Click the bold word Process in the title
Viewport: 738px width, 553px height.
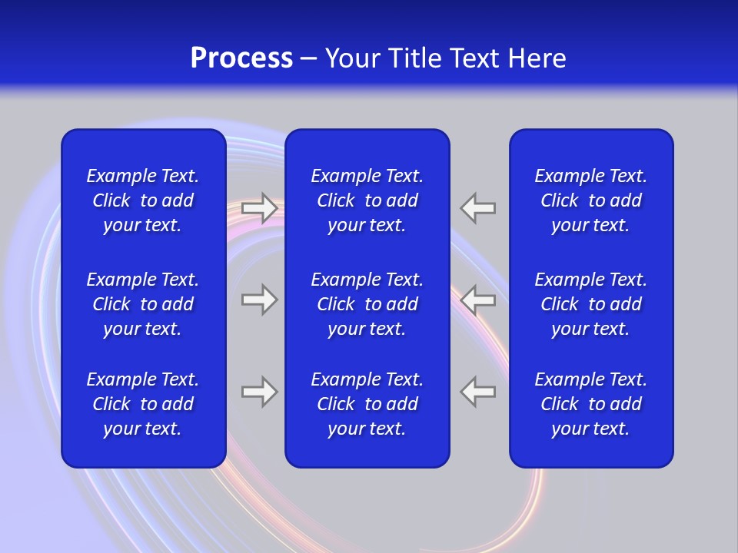[241, 58]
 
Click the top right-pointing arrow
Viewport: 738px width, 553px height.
[259, 208]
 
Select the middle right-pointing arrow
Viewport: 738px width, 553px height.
[259, 300]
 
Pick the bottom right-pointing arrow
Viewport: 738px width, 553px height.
[259, 392]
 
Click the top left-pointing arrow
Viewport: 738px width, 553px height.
[478, 208]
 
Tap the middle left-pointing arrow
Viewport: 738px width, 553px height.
[478, 300]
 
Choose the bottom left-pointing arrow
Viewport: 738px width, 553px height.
[478, 392]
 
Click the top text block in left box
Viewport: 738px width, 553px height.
[143, 200]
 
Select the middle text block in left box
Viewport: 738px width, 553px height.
[143, 304]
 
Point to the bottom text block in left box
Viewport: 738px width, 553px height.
[143, 404]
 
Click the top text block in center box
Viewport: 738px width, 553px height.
[367, 200]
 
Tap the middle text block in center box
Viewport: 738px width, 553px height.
[367, 304]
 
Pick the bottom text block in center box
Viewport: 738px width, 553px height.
[367, 404]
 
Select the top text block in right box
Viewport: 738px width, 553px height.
[590, 200]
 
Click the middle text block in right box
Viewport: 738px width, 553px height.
[590, 304]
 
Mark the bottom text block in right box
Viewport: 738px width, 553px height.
[590, 404]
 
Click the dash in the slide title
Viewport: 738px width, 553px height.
[309, 59]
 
